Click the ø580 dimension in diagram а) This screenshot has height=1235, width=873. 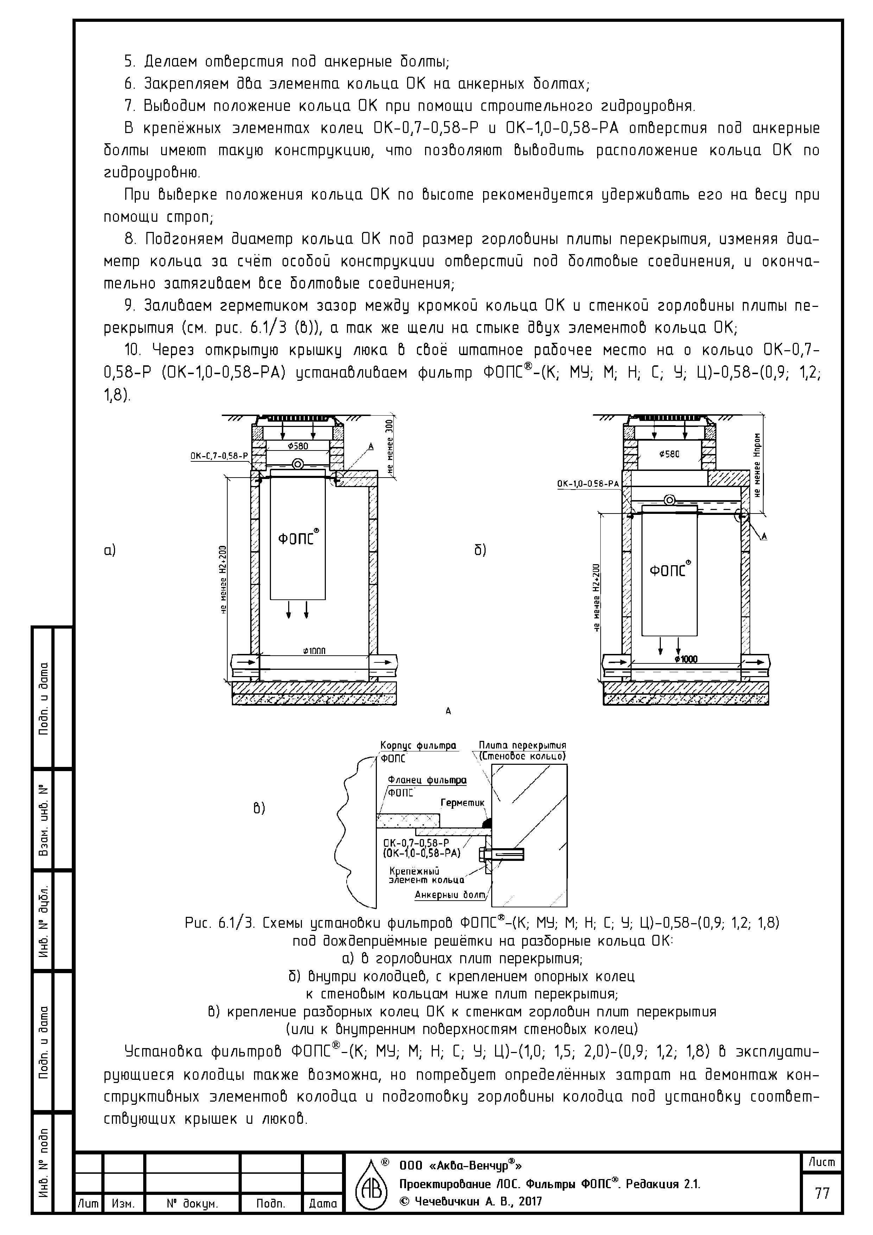[x=297, y=446]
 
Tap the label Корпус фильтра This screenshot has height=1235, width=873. [x=418, y=745]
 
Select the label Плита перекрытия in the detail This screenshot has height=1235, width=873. [x=522, y=745]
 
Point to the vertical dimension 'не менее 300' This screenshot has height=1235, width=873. [x=390, y=446]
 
